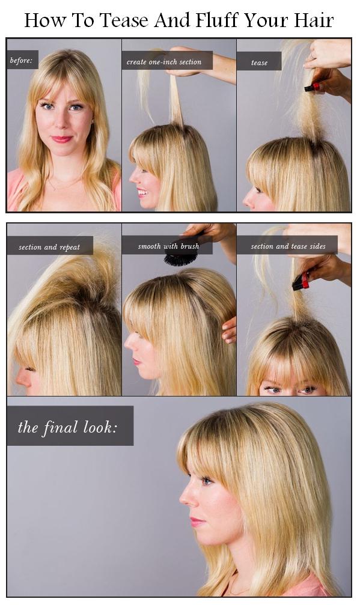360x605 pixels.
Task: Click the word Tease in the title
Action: tap(124, 20)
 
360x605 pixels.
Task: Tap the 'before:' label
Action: tap(22, 60)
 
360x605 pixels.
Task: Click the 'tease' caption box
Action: tap(259, 62)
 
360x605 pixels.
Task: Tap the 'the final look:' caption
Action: tap(70, 426)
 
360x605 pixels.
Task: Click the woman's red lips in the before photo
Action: tap(62, 139)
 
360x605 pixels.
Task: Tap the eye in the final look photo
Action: tap(207, 481)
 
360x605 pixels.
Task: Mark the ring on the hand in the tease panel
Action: tap(312, 56)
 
